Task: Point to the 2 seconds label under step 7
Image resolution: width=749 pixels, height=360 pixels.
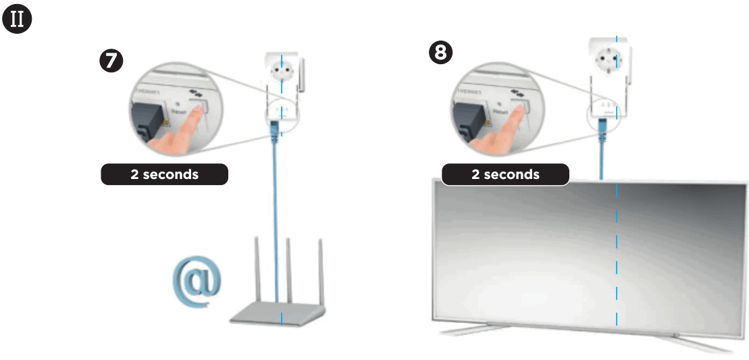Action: coord(164,174)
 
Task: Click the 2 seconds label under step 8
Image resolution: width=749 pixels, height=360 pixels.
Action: coord(505,174)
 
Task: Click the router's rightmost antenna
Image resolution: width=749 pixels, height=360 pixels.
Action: coord(321,270)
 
